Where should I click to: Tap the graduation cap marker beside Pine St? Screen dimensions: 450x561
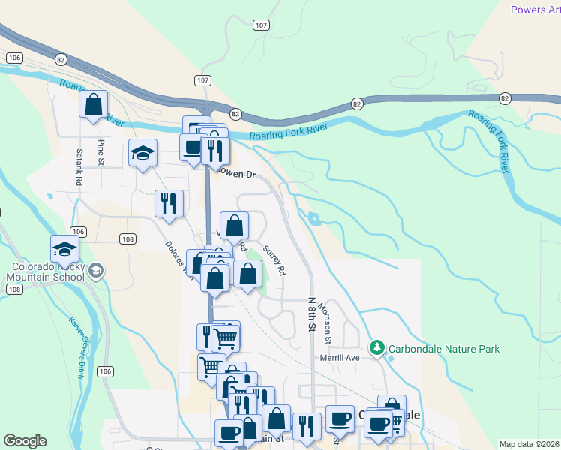(x=142, y=154)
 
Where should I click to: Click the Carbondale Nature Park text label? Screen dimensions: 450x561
(x=443, y=349)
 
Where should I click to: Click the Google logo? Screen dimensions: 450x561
(x=25, y=441)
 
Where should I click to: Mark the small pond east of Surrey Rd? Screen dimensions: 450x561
(x=313, y=219)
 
